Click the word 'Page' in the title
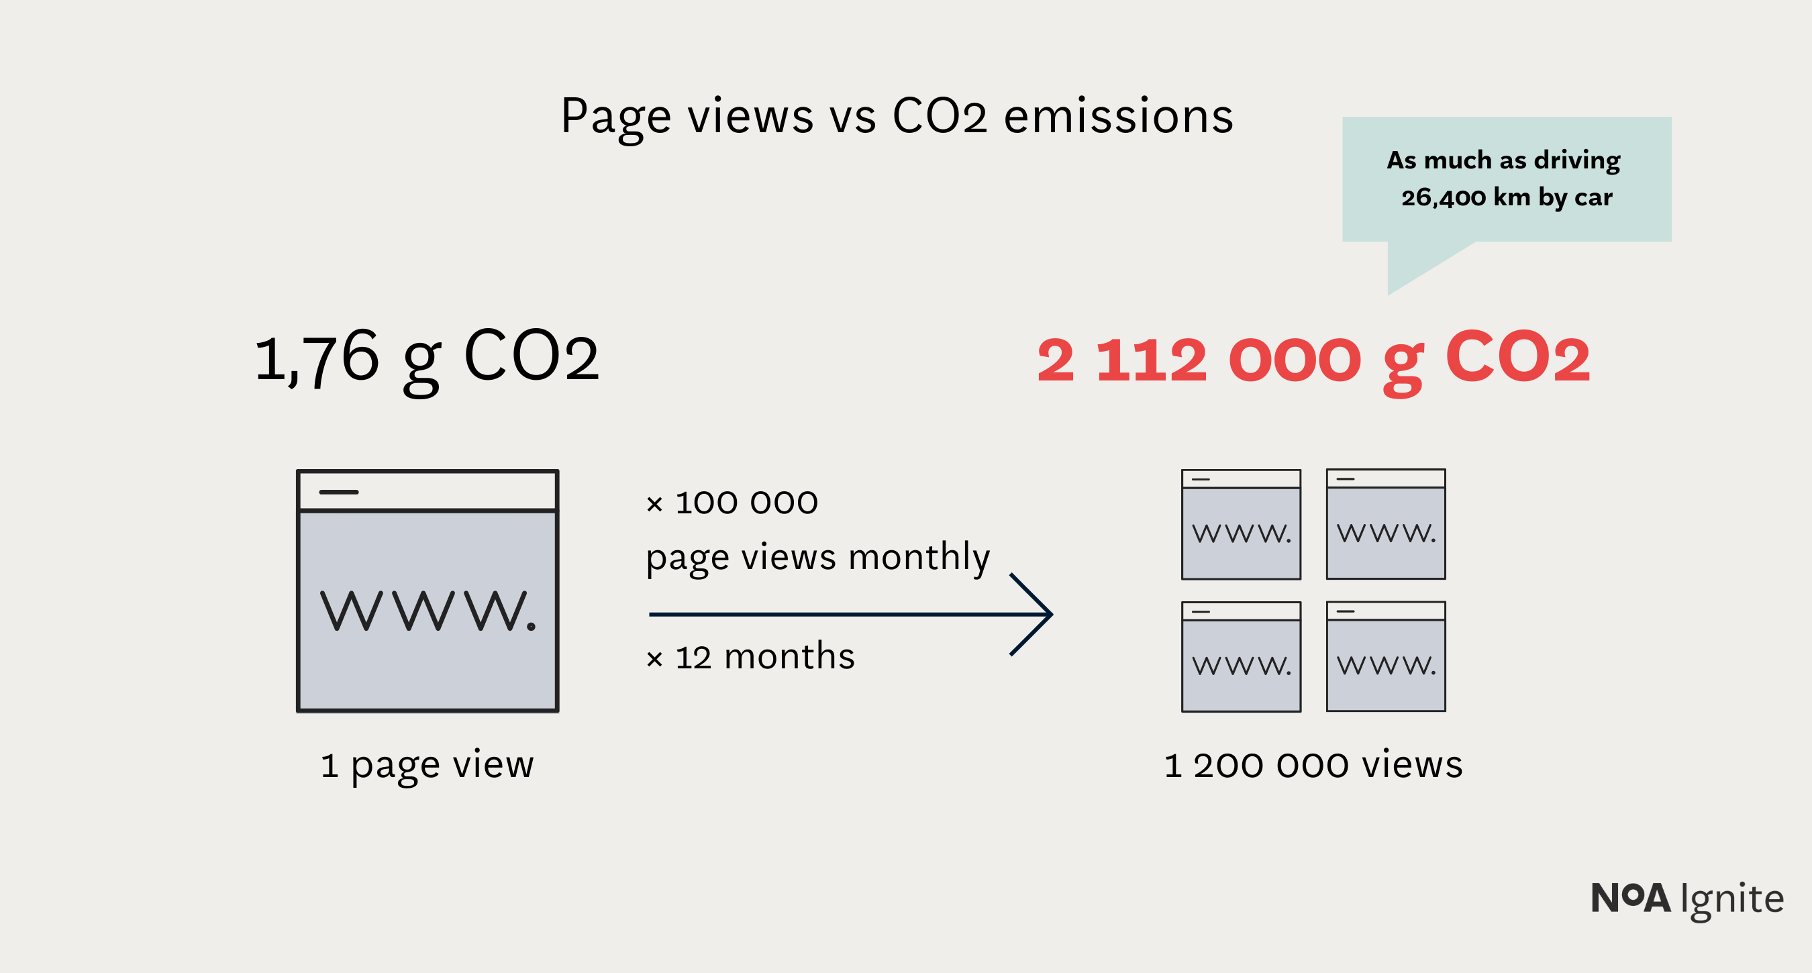point(615,117)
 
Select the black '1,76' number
point(317,358)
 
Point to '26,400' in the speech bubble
point(1442,198)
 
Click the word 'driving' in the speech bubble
point(1577,160)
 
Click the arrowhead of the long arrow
point(1041,614)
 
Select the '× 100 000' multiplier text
point(732,503)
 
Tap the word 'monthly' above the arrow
point(919,558)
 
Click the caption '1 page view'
point(427,765)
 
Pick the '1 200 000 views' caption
point(1313,765)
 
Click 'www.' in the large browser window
point(427,611)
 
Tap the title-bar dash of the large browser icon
point(339,492)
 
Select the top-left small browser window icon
point(1241,525)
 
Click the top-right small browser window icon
point(1386,524)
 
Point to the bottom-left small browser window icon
point(1241,657)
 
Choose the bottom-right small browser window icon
point(1386,656)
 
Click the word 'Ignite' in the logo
point(1732,899)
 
